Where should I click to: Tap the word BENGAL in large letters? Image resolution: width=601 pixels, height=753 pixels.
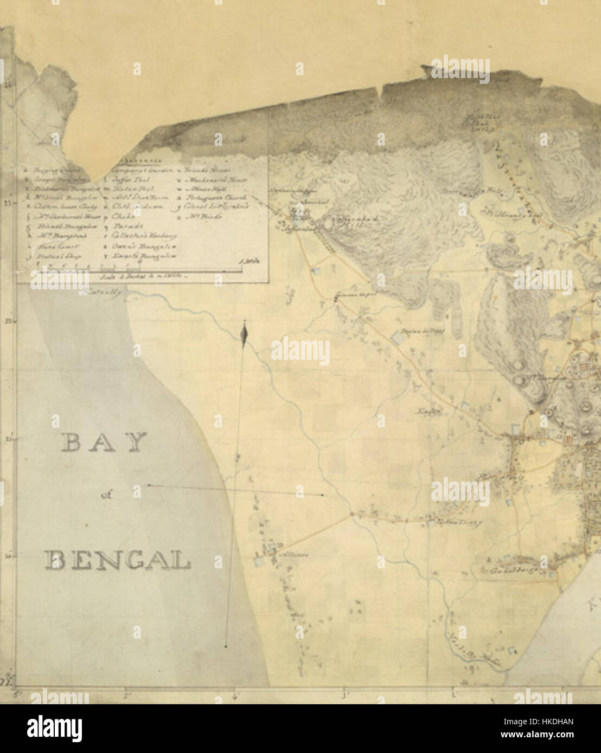118,560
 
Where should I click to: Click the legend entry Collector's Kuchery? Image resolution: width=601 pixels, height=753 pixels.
142,236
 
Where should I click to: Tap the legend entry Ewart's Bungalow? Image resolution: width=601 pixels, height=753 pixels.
142,256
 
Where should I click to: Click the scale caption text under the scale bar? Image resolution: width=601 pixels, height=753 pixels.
143,276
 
